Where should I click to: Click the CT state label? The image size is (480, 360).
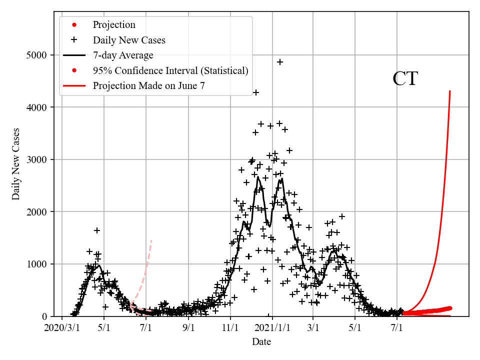point(405,79)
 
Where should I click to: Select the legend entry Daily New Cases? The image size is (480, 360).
point(129,40)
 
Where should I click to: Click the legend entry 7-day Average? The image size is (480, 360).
point(123,55)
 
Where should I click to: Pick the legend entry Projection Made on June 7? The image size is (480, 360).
point(148,86)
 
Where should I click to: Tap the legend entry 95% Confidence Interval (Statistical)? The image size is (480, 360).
point(170,70)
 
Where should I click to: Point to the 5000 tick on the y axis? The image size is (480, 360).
point(40,55)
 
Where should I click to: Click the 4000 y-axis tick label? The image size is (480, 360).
point(40,107)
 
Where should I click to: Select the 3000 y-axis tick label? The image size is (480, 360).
point(40,159)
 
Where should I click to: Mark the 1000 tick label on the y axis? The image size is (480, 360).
point(40,264)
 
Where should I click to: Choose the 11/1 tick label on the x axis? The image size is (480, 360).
point(230,328)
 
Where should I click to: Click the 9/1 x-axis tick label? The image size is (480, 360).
point(188,328)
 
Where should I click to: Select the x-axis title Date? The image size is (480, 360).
point(261,342)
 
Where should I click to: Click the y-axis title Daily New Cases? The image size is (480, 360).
point(16,164)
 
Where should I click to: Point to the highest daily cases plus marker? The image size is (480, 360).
point(280,62)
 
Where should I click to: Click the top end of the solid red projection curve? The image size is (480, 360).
point(450,91)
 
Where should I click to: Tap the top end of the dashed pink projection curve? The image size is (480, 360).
point(151,240)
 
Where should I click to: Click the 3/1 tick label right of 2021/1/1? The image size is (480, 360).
point(313,328)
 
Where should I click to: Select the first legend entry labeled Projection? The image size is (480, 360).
point(114,24)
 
